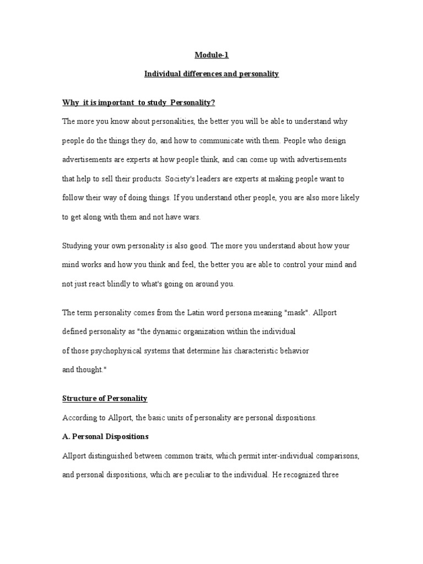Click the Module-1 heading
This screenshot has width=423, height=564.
coord(211,55)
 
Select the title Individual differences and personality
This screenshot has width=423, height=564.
coord(211,74)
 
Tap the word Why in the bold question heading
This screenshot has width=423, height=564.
coord(69,103)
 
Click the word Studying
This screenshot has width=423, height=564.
coord(77,246)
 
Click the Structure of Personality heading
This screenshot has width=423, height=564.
coord(105,398)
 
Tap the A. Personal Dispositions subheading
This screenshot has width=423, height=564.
coord(105,436)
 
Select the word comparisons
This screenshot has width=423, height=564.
coord(332,455)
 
